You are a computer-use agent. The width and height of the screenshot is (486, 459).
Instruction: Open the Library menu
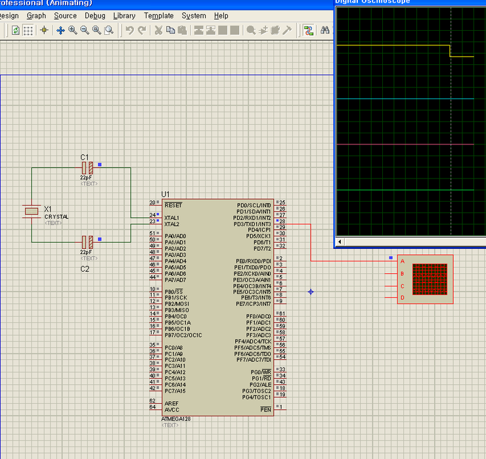pos(124,16)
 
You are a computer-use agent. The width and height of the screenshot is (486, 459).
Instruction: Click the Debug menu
pos(95,16)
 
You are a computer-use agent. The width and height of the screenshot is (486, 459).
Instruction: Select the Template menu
pos(159,16)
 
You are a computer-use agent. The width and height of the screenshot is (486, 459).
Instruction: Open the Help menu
pos(221,16)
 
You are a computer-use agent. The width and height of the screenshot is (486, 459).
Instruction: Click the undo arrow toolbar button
pos(129,30)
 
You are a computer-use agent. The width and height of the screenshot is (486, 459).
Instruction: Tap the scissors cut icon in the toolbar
pos(158,30)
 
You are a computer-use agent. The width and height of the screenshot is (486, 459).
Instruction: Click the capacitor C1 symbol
pos(87,167)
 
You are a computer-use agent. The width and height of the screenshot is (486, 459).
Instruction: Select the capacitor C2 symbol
pos(87,242)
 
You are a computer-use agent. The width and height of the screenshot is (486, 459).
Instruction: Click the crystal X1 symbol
pos(32,211)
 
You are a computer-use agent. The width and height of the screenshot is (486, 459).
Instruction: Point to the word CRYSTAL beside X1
pos(56,217)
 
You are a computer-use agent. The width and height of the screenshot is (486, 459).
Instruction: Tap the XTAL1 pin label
pos(172,217)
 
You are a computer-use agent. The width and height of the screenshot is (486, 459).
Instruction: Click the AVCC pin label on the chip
pos(171,410)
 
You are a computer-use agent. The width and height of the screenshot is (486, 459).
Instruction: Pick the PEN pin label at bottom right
pos(265,410)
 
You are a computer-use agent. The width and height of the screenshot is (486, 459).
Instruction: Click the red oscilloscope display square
pos(429,279)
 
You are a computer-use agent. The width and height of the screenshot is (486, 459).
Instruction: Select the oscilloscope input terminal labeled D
pos(403,297)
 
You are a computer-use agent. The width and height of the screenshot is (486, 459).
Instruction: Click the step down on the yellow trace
pos(450,51)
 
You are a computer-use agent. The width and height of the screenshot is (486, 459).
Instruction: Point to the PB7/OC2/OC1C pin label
pos(183,335)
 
